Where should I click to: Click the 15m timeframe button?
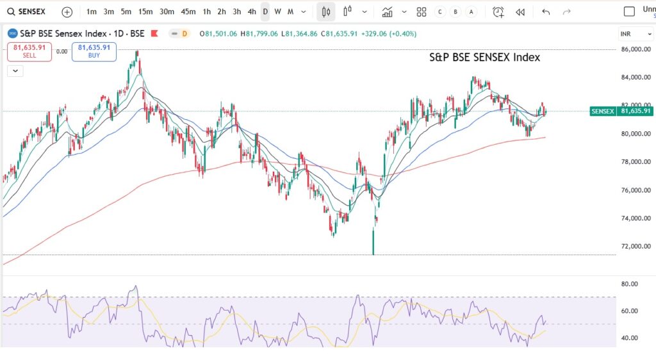145,12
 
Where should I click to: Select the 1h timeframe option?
206,12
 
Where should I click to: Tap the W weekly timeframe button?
278,12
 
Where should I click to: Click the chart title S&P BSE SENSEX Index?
484,57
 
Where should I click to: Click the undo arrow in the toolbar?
546,12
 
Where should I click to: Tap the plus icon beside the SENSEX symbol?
67,12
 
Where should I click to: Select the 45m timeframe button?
188,12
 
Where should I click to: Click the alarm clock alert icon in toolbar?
498,12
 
